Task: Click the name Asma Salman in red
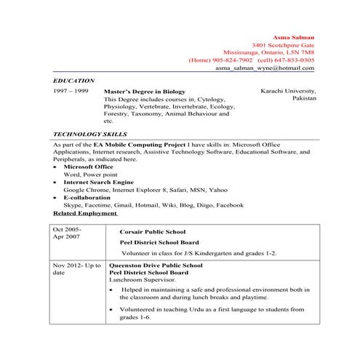tap(293, 36)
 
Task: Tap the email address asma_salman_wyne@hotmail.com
tap(265, 68)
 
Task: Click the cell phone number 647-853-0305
tap(295, 60)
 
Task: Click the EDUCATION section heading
tap(74, 79)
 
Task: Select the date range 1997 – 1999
tap(71, 92)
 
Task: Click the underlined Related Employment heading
tap(85, 214)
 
